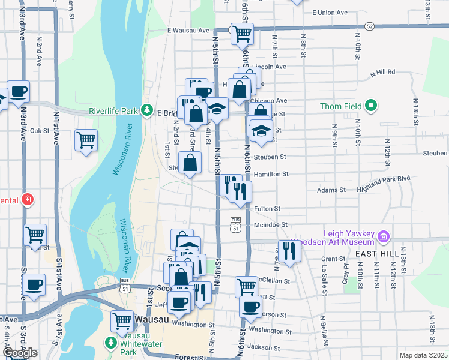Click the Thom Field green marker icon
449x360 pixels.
[371, 107]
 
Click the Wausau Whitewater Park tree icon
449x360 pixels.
[110, 343]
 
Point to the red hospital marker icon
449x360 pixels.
[27, 199]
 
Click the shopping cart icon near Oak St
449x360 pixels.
[86, 140]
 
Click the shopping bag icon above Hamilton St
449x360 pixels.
[190, 163]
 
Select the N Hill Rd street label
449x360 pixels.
[382, 72]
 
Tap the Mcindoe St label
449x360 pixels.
[271, 226]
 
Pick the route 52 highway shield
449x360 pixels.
[369, 26]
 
